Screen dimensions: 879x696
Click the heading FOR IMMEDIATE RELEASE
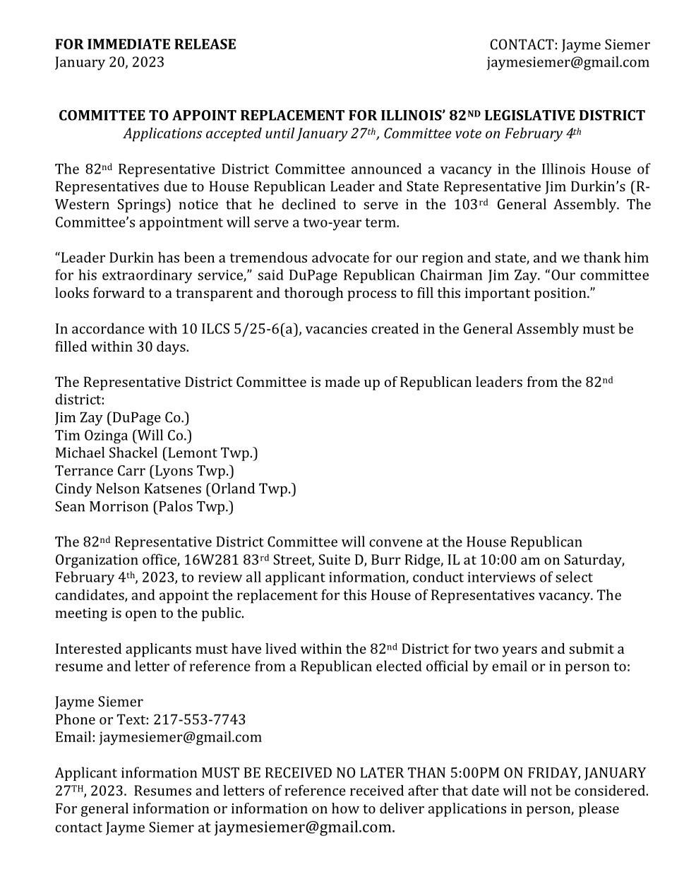[x=145, y=44]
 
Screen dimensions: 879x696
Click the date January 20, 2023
[x=109, y=62]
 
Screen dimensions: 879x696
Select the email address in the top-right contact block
[x=568, y=62]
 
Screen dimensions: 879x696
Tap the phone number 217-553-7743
[x=199, y=719]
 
